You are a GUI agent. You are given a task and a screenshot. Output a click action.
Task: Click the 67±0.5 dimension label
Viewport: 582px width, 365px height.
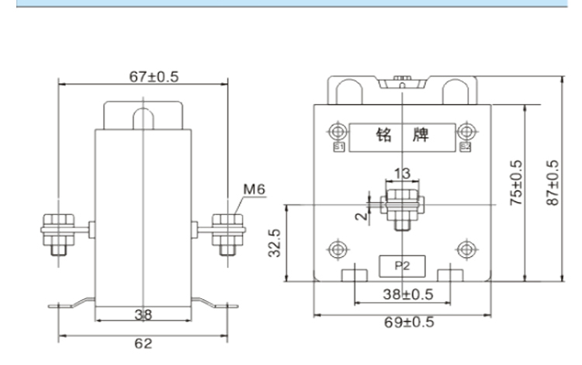(142, 77)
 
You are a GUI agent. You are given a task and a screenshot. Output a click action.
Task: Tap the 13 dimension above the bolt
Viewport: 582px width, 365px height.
(403, 173)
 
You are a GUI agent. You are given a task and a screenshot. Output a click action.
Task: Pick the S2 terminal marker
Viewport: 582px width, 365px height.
(466, 145)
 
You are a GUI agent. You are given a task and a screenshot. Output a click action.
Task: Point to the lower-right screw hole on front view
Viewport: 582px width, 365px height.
(466, 249)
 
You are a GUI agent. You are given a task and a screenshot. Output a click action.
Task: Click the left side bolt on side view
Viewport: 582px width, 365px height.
(56, 231)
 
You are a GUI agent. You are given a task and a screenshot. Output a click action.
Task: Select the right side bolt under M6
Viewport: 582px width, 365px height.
(227, 231)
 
